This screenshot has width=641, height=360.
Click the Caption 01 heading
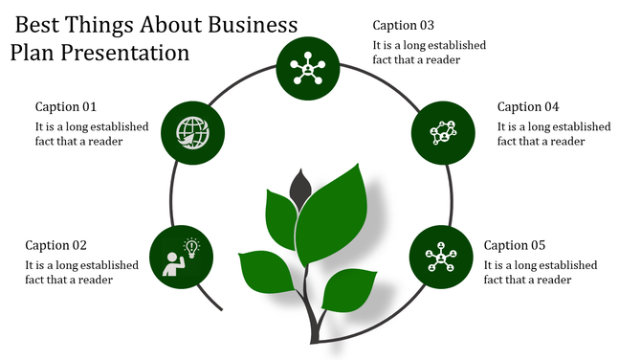(x=66, y=106)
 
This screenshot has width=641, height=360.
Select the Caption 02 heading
(x=55, y=244)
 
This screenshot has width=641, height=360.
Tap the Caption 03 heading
(x=404, y=25)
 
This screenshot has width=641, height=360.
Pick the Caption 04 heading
(x=528, y=106)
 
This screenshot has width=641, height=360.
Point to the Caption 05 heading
(x=515, y=244)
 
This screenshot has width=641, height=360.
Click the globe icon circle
(x=192, y=132)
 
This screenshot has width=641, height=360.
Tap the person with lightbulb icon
(x=181, y=257)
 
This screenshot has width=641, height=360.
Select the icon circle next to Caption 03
(x=307, y=67)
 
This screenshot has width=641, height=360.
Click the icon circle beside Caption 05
(x=440, y=257)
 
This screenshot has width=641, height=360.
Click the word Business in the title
(x=246, y=24)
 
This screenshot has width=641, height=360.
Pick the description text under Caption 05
(x=541, y=272)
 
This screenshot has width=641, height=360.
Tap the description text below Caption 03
(x=429, y=52)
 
